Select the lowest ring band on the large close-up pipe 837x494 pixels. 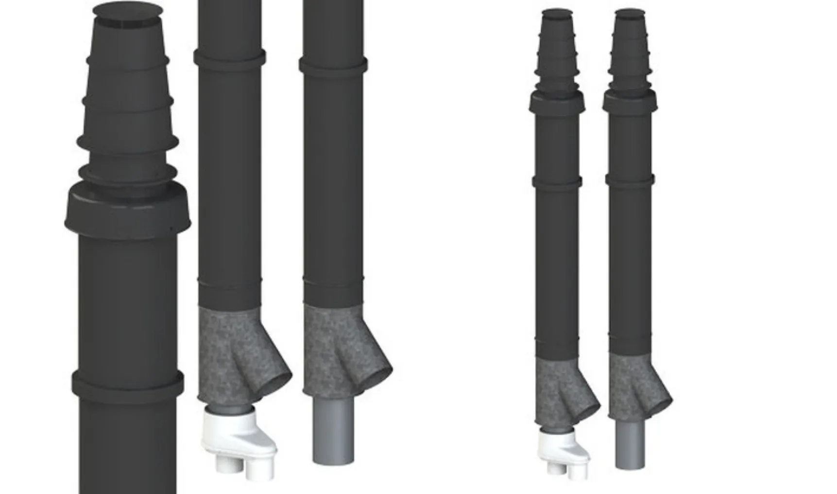click(x=128, y=383)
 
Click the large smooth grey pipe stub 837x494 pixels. click(x=333, y=433)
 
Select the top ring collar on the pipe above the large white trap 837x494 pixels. click(x=230, y=57)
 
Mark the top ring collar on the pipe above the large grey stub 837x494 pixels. click(x=333, y=65)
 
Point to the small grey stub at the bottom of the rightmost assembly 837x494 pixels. click(x=630, y=445)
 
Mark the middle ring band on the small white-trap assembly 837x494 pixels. click(x=557, y=182)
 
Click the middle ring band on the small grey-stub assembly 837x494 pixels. click(x=630, y=179)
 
